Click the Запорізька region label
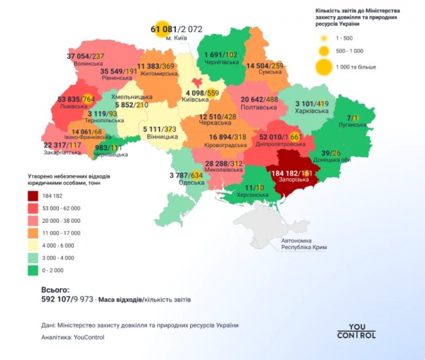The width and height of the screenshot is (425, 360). pos(290,184)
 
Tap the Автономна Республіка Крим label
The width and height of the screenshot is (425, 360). pos(303,244)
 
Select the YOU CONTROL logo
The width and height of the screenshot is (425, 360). pos(356,331)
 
